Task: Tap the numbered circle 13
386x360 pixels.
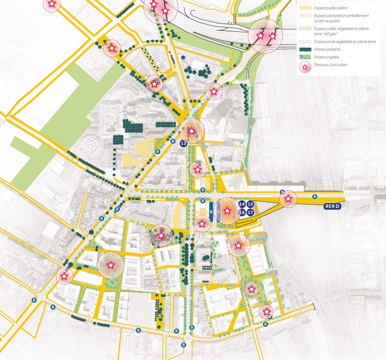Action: coord(183,144)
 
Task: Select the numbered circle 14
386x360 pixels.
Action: coord(242,205)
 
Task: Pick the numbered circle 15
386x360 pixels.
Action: coord(250,205)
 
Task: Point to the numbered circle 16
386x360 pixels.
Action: coord(242,212)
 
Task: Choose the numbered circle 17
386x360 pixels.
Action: coord(250,212)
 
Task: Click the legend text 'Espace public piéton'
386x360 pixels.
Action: coord(330,8)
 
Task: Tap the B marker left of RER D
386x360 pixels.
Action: coord(315,196)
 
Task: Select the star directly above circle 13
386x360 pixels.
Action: coord(192,130)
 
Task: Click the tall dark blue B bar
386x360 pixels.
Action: coord(211,210)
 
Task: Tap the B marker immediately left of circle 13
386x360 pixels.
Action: coord(173,141)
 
